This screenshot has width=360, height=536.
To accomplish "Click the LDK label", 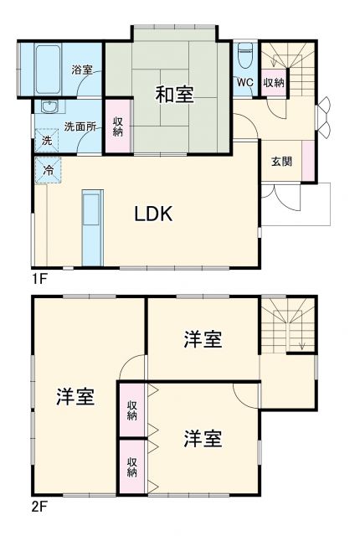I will [x=154, y=213].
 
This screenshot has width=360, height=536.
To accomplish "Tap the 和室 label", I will [x=174, y=94].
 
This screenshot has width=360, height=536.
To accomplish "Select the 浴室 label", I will [x=81, y=70].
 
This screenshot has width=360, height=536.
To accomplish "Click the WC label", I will [x=245, y=82].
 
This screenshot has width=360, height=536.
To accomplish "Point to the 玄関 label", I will [x=281, y=162].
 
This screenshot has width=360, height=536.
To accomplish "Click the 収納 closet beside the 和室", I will [x=117, y=127].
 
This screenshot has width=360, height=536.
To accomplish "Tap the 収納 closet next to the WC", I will [x=273, y=82].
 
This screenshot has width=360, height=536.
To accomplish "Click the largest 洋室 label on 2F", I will [x=75, y=396].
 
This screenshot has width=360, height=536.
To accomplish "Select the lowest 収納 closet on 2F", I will [x=132, y=466].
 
